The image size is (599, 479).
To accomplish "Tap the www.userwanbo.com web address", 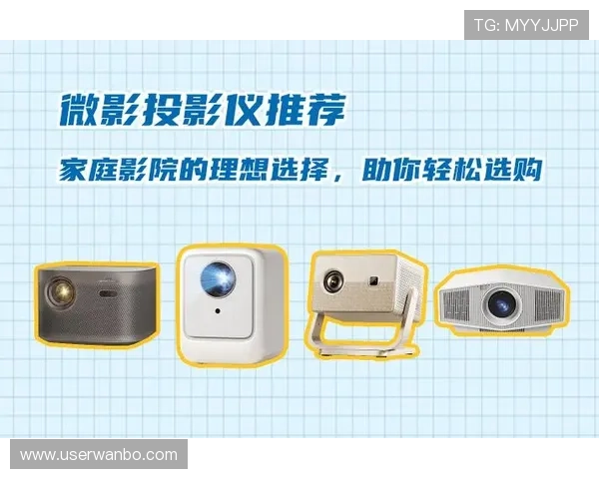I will pos(98,454).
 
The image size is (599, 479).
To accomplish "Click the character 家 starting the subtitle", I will pos(72,169).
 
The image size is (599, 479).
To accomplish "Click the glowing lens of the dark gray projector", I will pos(62,291).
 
